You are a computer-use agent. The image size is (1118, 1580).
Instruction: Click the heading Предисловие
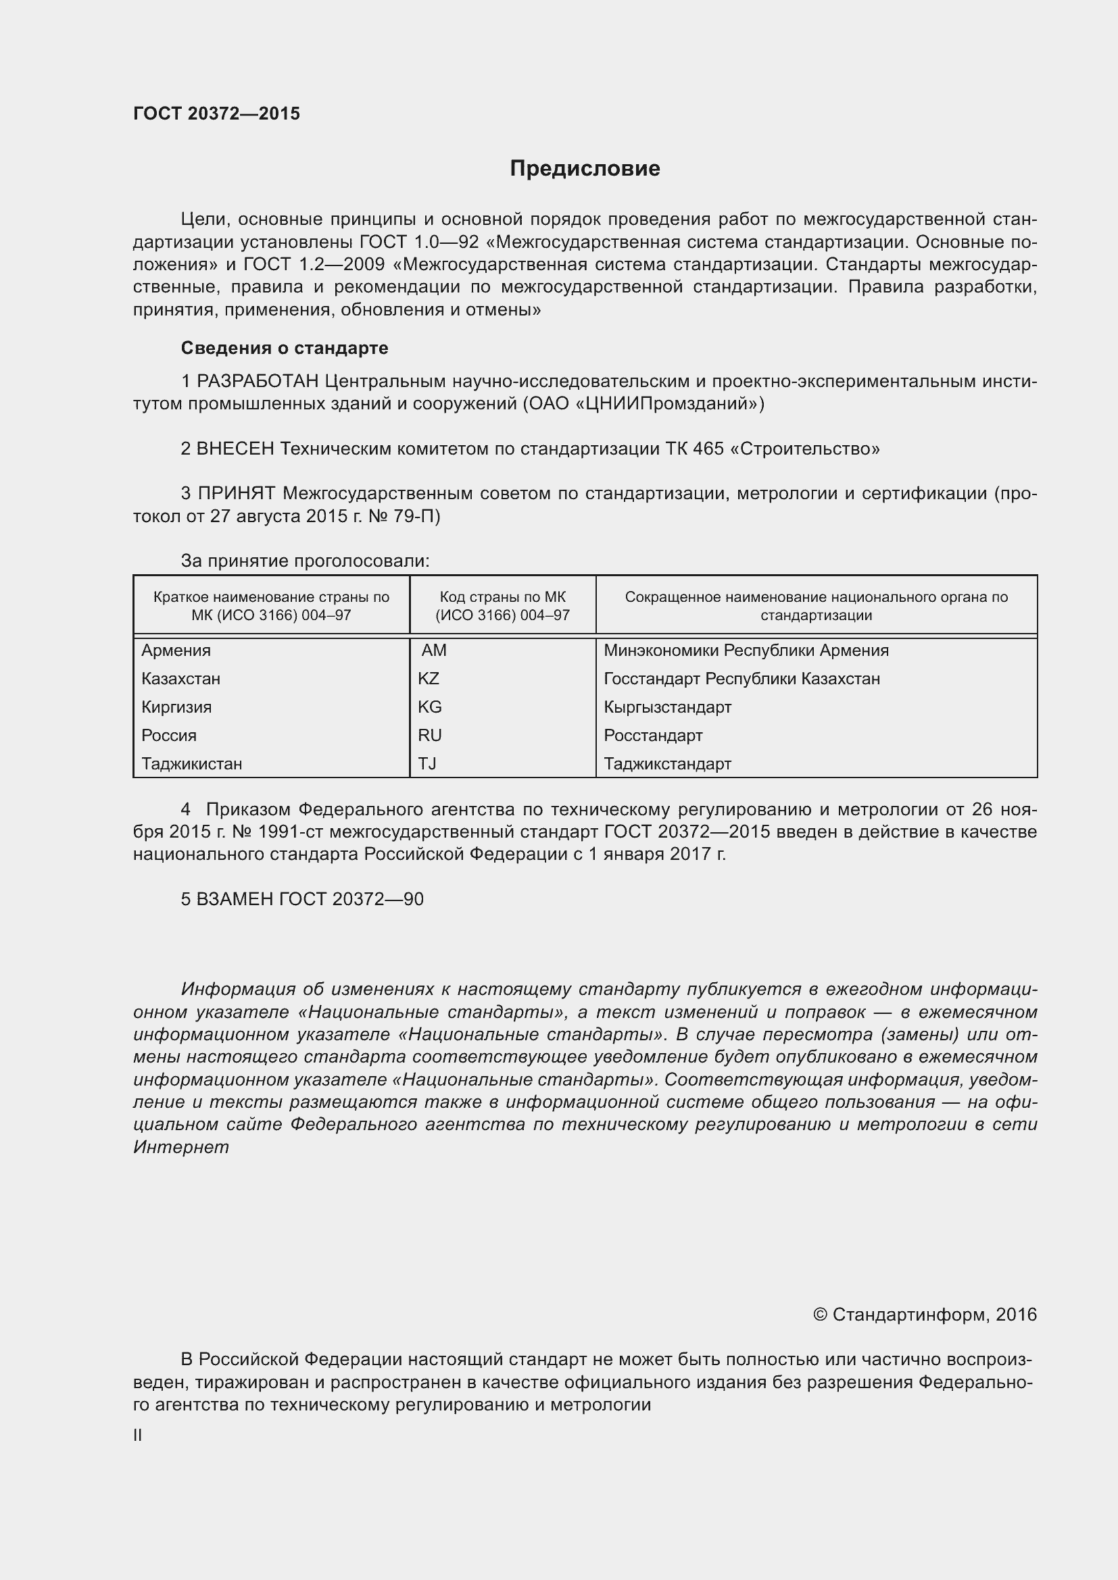coord(585,169)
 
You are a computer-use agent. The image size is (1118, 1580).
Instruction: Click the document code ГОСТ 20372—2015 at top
coord(216,113)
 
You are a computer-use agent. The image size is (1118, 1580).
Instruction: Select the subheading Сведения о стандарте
coord(285,348)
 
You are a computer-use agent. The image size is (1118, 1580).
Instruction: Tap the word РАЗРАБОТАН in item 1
coord(258,381)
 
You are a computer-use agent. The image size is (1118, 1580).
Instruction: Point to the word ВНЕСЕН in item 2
coord(235,449)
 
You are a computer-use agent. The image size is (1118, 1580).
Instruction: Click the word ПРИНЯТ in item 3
coord(237,493)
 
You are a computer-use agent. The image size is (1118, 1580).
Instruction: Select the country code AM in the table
coord(434,651)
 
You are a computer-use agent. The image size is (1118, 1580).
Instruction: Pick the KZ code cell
coord(428,678)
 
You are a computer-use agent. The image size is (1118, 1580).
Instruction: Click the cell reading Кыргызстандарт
coord(667,707)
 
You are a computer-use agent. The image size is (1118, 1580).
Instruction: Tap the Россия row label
coord(169,735)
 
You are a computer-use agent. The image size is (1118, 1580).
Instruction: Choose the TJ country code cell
coord(427,763)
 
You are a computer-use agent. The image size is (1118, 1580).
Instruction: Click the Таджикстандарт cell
coord(667,763)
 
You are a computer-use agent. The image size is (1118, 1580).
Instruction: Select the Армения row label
coord(176,651)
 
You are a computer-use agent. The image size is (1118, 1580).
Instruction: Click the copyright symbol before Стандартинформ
coord(820,1315)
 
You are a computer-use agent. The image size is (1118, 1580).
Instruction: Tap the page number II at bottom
coord(138,1435)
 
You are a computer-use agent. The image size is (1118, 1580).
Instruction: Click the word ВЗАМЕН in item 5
coord(235,899)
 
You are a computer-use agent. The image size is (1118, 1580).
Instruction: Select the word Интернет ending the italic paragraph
coord(181,1147)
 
